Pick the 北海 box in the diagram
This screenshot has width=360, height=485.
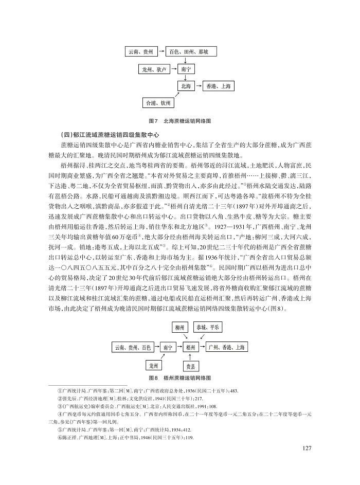click(x=184, y=86)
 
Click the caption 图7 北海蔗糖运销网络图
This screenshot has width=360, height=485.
click(x=179, y=120)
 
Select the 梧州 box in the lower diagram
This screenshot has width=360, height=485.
click(x=191, y=348)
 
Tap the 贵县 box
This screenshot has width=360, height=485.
click(x=191, y=366)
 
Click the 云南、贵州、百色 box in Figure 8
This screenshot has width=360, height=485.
click(x=132, y=348)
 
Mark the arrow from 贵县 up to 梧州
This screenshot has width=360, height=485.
click(x=191, y=357)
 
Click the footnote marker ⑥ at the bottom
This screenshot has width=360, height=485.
click(x=60, y=437)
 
